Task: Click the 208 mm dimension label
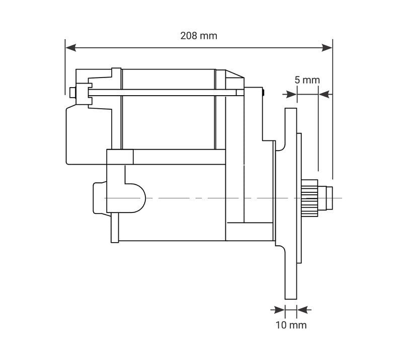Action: (199, 36)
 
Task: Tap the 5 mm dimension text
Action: (307, 80)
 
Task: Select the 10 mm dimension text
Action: (291, 325)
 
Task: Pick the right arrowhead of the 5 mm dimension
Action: (324, 94)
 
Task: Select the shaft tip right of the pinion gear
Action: (330, 198)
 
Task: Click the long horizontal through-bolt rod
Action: (161, 93)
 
